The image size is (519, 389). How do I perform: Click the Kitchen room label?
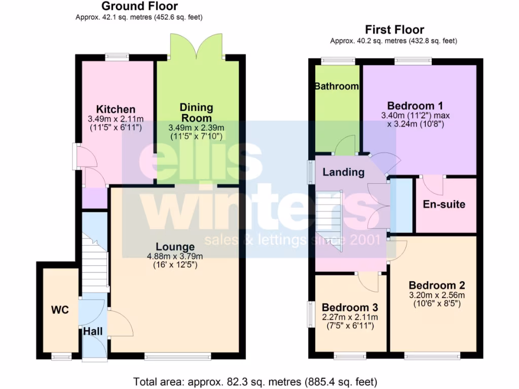[116, 109]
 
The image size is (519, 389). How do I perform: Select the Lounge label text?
[175, 247]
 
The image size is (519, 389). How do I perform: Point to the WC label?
[60, 310]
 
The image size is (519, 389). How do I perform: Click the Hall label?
[93, 331]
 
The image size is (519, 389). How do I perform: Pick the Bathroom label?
[337, 86]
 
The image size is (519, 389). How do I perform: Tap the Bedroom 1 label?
[415, 106]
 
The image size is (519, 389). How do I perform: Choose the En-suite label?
[444, 205]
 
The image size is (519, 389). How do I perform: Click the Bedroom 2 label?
[437, 285]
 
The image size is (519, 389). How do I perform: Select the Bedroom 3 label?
[350, 307]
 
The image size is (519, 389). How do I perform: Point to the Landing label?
[343, 172]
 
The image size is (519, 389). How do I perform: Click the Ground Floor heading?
[139, 7]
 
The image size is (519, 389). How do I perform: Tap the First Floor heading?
[395, 30]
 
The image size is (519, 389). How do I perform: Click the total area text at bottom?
[255, 381]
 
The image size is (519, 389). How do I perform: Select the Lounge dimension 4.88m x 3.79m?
[175, 256]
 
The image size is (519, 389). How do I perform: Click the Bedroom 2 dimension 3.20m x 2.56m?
[437, 295]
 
